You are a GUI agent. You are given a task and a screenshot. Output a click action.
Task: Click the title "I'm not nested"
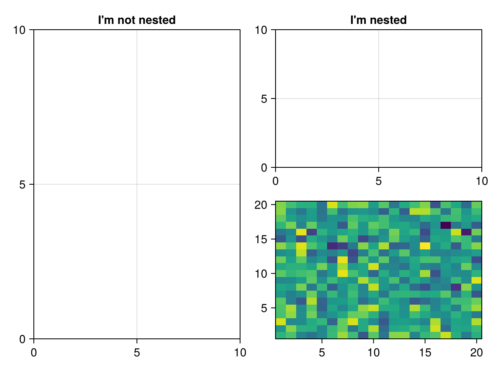pyautogui.click(x=137, y=20)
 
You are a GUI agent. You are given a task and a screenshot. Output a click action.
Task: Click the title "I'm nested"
pyautogui.click(x=378, y=20)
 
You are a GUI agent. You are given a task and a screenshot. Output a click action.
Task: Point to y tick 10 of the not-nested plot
pyautogui.click(x=19, y=30)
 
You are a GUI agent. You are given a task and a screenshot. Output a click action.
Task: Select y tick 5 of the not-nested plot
pyautogui.click(x=23, y=184)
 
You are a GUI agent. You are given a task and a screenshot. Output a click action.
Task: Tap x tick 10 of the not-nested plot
pyautogui.click(x=240, y=352)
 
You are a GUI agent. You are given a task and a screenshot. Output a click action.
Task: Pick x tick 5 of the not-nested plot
pyautogui.click(x=137, y=352)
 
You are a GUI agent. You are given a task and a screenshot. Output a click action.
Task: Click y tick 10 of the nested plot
pyautogui.click(x=261, y=30)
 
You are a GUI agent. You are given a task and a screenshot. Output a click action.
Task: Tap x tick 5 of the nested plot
pyautogui.click(x=378, y=181)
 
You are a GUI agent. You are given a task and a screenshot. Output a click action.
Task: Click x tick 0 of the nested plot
pyautogui.click(x=276, y=181)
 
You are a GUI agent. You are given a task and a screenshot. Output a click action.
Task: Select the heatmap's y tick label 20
pyautogui.click(x=261, y=205)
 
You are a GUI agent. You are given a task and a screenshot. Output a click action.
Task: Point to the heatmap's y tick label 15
pyautogui.click(x=261, y=239)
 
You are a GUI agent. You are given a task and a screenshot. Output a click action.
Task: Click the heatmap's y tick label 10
pyautogui.click(x=261, y=273)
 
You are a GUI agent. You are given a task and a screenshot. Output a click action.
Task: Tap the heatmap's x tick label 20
pyautogui.click(x=477, y=352)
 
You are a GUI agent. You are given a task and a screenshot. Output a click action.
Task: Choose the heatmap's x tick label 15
pyautogui.click(x=425, y=352)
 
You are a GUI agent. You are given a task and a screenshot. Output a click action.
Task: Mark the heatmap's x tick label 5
pyautogui.click(x=322, y=352)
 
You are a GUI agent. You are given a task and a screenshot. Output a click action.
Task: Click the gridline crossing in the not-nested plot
pyautogui.click(x=137, y=184)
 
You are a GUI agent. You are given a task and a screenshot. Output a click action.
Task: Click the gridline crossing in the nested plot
pyautogui.click(x=378, y=99)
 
